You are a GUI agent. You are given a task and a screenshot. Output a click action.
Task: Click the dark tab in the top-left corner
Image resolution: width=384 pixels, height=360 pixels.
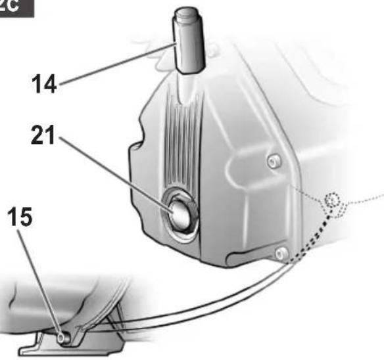pos(16,6)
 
